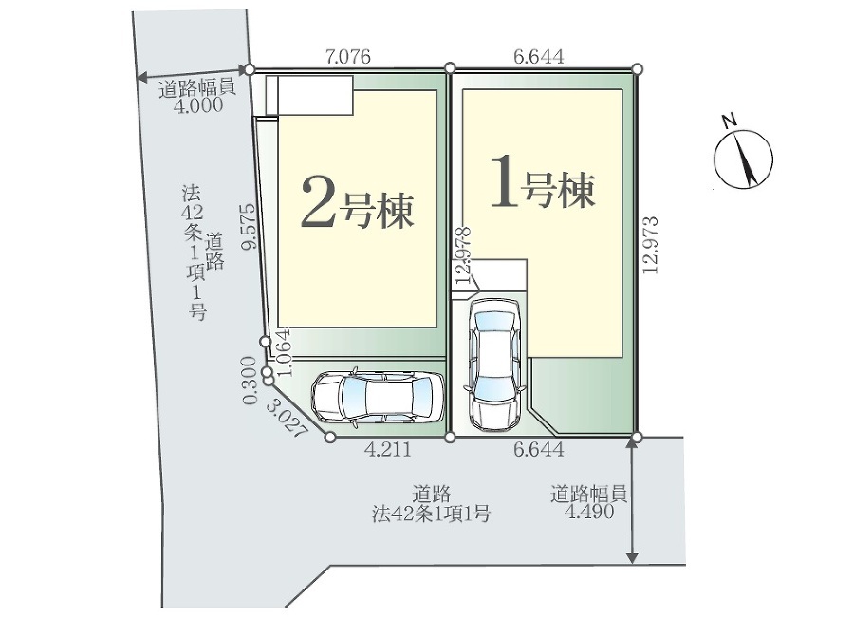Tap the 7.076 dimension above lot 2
click(x=347, y=57)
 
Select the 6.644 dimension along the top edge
click(x=539, y=57)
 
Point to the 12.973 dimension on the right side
click(x=650, y=245)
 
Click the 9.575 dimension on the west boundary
click(x=249, y=226)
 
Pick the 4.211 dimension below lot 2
click(x=388, y=450)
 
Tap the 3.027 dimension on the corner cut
click(x=287, y=418)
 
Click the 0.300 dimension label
click(x=250, y=380)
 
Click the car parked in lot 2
click(x=377, y=398)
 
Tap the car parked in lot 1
click(x=495, y=365)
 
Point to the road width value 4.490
click(x=589, y=512)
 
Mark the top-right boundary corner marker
click(x=638, y=68)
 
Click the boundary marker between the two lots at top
click(x=450, y=67)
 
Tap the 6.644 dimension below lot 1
click(x=539, y=450)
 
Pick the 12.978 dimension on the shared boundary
click(x=463, y=255)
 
